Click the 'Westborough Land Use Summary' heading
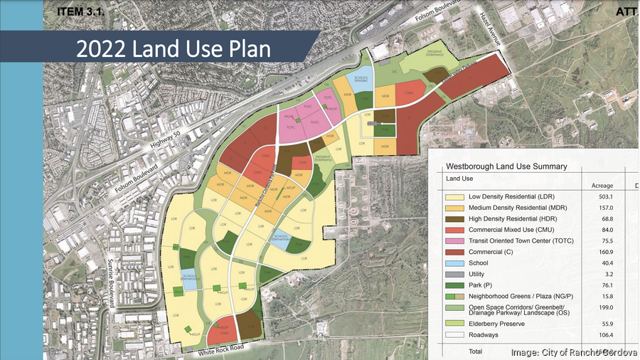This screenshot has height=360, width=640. [x=506, y=166]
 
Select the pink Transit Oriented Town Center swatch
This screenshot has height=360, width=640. [x=454, y=241]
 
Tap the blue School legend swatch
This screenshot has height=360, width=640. [x=454, y=263]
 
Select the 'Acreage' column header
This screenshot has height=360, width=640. [x=602, y=186]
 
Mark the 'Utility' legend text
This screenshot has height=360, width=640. [x=479, y=275]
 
